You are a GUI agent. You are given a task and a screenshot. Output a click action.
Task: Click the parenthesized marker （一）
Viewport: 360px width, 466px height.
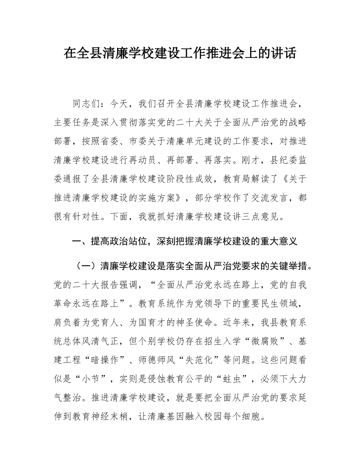(x=86, y=266)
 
